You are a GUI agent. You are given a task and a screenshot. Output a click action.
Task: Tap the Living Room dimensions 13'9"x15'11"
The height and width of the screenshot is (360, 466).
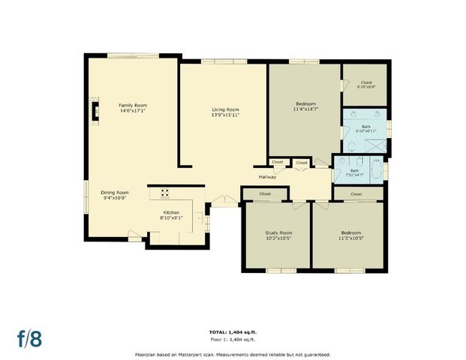[x=224, y=115]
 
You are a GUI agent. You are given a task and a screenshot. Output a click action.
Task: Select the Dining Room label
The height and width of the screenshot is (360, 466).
[x=115, y=193]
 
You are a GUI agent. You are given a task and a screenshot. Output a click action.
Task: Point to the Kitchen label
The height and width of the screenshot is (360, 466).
[x=171, y=212]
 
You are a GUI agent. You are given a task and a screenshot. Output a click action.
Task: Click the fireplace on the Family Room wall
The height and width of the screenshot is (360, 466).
[x=94, y=112]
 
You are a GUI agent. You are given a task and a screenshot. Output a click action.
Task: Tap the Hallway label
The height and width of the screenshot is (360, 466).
[x=268, y=177]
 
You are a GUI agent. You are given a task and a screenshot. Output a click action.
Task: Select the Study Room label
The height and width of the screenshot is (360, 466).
[x=278, y=232]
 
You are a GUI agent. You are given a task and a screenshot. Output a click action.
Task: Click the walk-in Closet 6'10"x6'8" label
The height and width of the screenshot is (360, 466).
[x=366, y=82]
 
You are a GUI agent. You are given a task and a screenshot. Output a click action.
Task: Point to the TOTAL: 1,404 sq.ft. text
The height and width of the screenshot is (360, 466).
[x=233, y=331]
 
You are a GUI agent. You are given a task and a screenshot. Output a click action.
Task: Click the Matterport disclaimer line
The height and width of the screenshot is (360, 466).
[x=233, y=354]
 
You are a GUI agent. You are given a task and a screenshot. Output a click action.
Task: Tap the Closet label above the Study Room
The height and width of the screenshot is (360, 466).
[x=265, y=194]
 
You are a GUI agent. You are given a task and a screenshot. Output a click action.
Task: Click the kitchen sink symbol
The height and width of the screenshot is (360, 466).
[x=200, y=219]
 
